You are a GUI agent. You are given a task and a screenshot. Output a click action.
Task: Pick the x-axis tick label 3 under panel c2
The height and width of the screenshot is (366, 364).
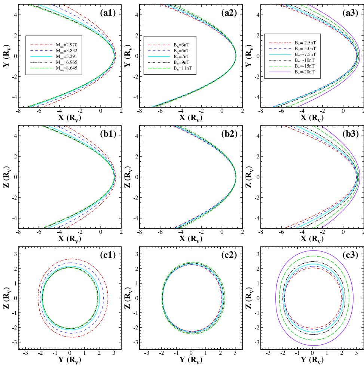235,353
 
